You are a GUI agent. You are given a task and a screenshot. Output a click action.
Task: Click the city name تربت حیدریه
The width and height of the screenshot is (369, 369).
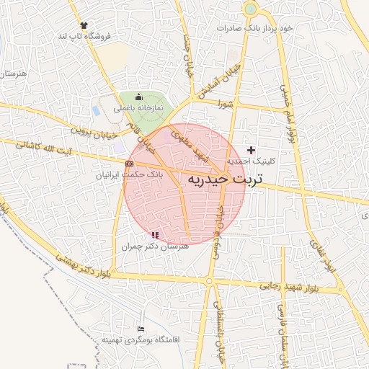(x=225, y=178)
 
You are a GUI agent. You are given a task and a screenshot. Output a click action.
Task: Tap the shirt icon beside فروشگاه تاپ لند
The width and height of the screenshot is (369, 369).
(x=86, y=25)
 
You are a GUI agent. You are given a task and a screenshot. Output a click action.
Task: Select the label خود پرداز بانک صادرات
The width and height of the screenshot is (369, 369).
(x=257, y=28)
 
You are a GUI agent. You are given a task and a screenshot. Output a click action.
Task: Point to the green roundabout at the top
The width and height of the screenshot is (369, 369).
(x=250, y=9)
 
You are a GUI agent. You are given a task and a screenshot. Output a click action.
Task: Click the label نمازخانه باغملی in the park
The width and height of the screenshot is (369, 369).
(x=138, y=107)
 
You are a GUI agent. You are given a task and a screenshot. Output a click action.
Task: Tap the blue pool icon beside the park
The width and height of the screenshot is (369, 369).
(x=96, y=111)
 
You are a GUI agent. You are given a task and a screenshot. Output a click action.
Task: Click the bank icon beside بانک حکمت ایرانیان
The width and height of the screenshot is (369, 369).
(x=129, y=164)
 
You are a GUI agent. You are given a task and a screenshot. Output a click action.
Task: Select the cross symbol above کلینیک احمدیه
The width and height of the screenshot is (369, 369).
(x=251, y=150)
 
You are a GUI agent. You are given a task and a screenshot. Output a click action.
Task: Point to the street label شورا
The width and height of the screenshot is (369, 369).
(x=227, y=104)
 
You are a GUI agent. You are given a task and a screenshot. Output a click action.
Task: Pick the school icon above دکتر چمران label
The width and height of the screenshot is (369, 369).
(x=154, y=235)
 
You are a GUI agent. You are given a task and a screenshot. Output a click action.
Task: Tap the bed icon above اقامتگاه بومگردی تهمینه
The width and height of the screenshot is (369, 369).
(x=141, y=329)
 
